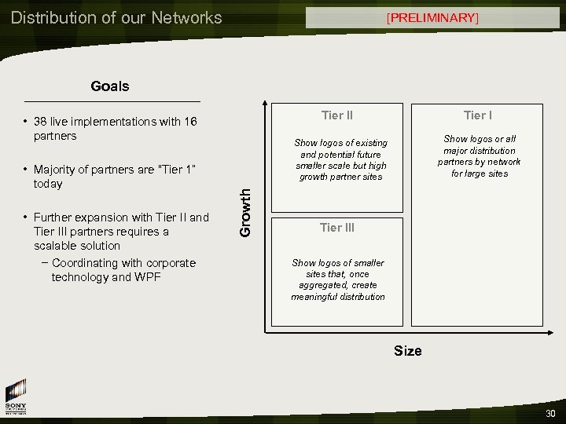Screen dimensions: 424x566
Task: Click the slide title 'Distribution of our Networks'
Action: pyautogui.click(x=116, y=17)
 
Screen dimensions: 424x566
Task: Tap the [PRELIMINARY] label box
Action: pyautogui.click(x=432, y=17)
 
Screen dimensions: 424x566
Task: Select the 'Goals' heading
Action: pyautogui.click(x=110, y=86)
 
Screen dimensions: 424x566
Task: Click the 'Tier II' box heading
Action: pyautogui.click(x=337, y=115)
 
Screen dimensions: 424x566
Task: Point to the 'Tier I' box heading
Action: pyautogui.click(x=478, y=115)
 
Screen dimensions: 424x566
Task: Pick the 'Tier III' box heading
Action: pyautogui.click(x=337, y=228)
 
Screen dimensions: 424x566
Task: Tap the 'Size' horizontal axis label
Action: pyautogui.click(x=407, y=351)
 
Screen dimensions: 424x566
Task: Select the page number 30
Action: pyautogui.click(x=549, y=414)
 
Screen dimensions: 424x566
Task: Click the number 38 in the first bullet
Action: pyautogui.click(x=40, y=122)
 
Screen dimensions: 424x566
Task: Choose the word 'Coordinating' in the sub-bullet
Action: pyautogui.click(x=86, y=263)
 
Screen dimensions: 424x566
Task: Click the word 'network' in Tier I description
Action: pyautogui.click(x=504, y=162)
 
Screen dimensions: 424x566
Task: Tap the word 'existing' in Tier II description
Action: pyautogui.click(x=369, y=143)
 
